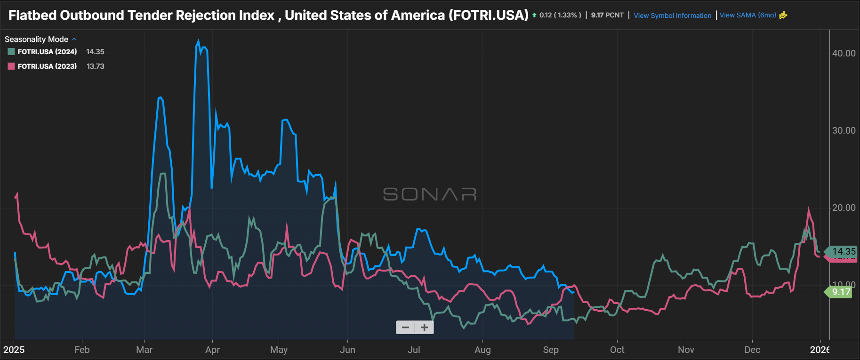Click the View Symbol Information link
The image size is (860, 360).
(x=672, y=16)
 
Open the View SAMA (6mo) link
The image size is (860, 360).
(x=747, y=15)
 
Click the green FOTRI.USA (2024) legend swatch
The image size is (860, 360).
(x=11, y=52)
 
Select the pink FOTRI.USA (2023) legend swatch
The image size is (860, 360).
(x=11, y=66)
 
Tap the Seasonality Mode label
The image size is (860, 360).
(x=36, y=39)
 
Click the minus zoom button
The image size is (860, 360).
(x=405, y=327)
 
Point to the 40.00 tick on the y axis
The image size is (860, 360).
(x=844, y=54)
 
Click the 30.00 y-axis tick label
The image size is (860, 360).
(x=844, y=131)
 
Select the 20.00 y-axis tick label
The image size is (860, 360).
(x=844, y=208)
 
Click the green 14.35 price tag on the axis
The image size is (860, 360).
(x=843, y=251)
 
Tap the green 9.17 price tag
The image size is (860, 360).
(x=841, y=292)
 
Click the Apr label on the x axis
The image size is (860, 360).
(x=212, y=350)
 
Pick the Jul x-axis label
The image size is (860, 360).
(x=414, y=350)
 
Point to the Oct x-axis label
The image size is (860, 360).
(x=617, y=350)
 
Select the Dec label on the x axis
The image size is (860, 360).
(x=752, y=350)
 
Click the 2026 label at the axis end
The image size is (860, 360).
(x=820, y=350)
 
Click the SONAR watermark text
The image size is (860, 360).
(x=429, y=194)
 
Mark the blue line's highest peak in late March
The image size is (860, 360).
(x=198, y=41)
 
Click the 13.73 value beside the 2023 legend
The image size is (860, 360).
(x=96, y=66)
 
